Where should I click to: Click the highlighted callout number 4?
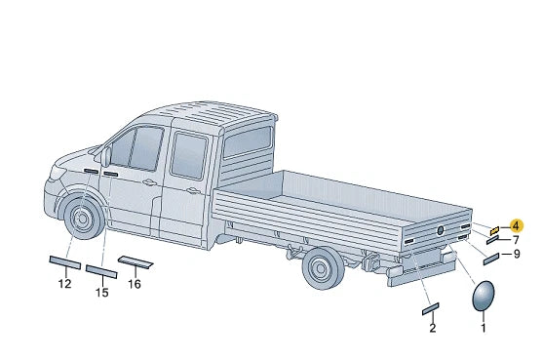pyautogui.click(x=516, y=226)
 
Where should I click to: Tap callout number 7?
pyautogui.click(x=516, y=240)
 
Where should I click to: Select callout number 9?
pyautogui.click(x=517, y=254)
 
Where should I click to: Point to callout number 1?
pyautogui.click(x=484, y=328)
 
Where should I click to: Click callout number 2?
pyautogui.click(x=433, y=328)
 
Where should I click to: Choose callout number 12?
pyautogui.click(x=64, y=284)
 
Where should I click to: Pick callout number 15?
pyautogui.click(x=102, y=293)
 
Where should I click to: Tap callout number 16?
pyautogui.click(x=135, y=284)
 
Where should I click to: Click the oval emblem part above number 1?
pyautogui.click(x=484, y=296)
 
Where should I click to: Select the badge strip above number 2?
pyautogui.click(x=431, y=308)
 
